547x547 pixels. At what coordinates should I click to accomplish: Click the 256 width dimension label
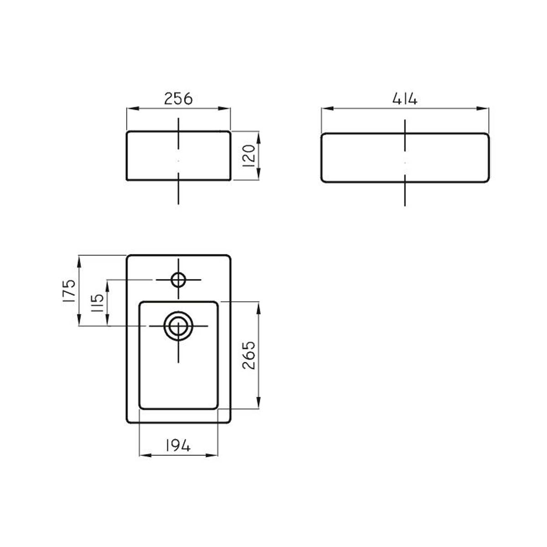[178, 99]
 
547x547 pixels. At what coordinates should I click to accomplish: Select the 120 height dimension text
[249, 156]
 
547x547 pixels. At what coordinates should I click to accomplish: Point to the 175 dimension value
[69, 291]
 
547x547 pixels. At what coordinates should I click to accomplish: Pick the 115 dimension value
[98, 303]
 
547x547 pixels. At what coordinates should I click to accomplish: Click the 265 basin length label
[249, 355]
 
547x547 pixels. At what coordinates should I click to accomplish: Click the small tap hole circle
[178, 280]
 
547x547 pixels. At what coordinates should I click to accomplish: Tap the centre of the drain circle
[178, 326]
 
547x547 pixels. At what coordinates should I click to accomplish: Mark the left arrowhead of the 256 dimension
[132, 108]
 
